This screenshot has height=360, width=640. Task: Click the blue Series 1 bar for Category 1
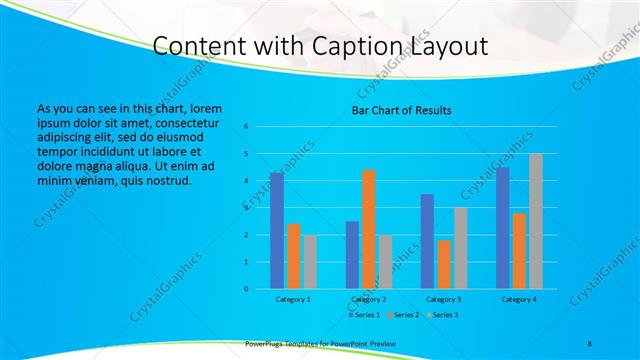[277, 231]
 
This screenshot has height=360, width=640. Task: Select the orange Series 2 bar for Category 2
[369, 229]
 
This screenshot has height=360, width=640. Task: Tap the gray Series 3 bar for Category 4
[536, 221]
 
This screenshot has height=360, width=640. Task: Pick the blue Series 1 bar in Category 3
[427, 241]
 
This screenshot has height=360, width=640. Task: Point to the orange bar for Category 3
[444, 264]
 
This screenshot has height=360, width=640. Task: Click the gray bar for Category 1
[310, 262]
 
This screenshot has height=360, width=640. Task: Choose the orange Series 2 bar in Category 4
[519, 251]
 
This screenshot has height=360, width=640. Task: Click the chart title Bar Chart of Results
[401, 110]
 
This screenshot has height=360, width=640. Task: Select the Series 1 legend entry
[363, 314]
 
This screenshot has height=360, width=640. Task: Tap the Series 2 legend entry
[403, 314]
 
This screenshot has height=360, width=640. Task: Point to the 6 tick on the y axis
[246, 127]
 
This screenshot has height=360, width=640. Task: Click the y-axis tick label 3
[246, 208]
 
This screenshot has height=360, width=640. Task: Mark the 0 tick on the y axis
[246, 289]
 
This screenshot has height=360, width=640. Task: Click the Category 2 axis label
[369, 299]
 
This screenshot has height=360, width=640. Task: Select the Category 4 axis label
[519, 299]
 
